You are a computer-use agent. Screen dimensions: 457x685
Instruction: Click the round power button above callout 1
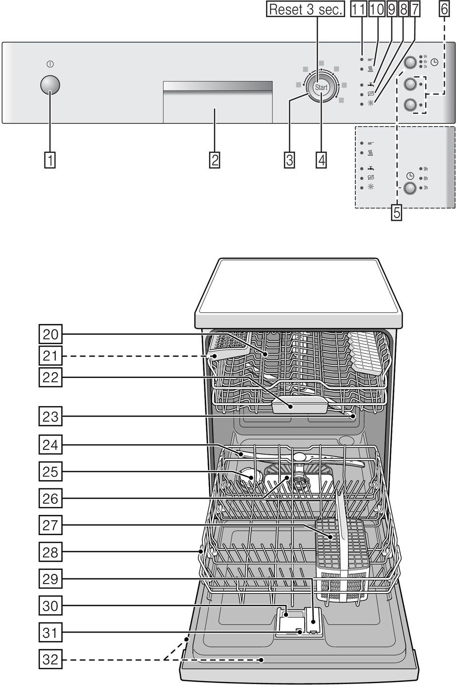50,85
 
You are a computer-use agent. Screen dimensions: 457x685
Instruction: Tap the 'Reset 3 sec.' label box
305,9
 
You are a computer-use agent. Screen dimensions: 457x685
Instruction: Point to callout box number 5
397,212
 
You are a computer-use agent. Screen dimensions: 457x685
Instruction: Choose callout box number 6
444,9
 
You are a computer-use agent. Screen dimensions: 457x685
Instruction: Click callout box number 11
358,9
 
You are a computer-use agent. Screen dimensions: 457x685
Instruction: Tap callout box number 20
50,335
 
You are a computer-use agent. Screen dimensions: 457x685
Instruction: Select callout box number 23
50,417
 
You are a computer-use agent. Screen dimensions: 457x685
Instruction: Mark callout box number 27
50,525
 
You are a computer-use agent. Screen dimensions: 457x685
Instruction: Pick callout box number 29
50,578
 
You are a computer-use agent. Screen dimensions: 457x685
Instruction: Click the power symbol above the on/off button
50,64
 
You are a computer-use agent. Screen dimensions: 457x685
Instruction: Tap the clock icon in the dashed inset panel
410,176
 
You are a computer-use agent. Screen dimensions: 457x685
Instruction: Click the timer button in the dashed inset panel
410,188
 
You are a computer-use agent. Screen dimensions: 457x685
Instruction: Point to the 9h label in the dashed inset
426,169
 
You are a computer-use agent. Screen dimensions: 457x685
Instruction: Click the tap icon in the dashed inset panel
371,168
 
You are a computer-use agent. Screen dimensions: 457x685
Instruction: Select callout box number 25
50,472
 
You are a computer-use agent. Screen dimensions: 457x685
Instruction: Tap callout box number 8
404,9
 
